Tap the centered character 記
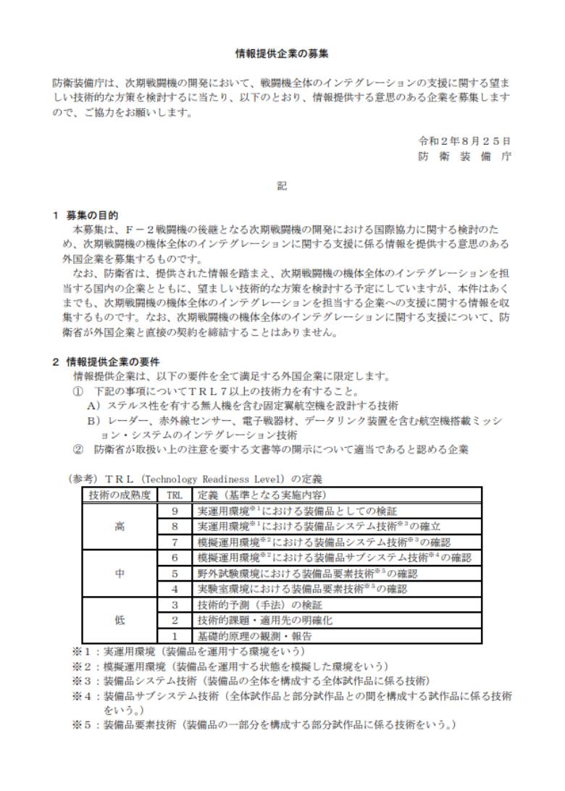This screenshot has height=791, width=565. [282, 186]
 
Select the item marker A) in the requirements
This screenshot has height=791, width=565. [93, 406]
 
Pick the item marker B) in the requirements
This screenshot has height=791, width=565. [93, 421]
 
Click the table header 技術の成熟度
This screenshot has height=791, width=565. [120, 495]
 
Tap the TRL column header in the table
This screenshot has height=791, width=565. [175, 495]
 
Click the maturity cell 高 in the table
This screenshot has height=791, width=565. [120, 527]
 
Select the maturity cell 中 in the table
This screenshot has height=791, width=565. [120, 573]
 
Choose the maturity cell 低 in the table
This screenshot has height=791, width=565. [120, 620]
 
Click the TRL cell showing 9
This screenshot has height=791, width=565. [175, 511]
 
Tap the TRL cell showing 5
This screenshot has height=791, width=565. [175, 574]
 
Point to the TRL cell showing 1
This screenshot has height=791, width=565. [175, 636]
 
